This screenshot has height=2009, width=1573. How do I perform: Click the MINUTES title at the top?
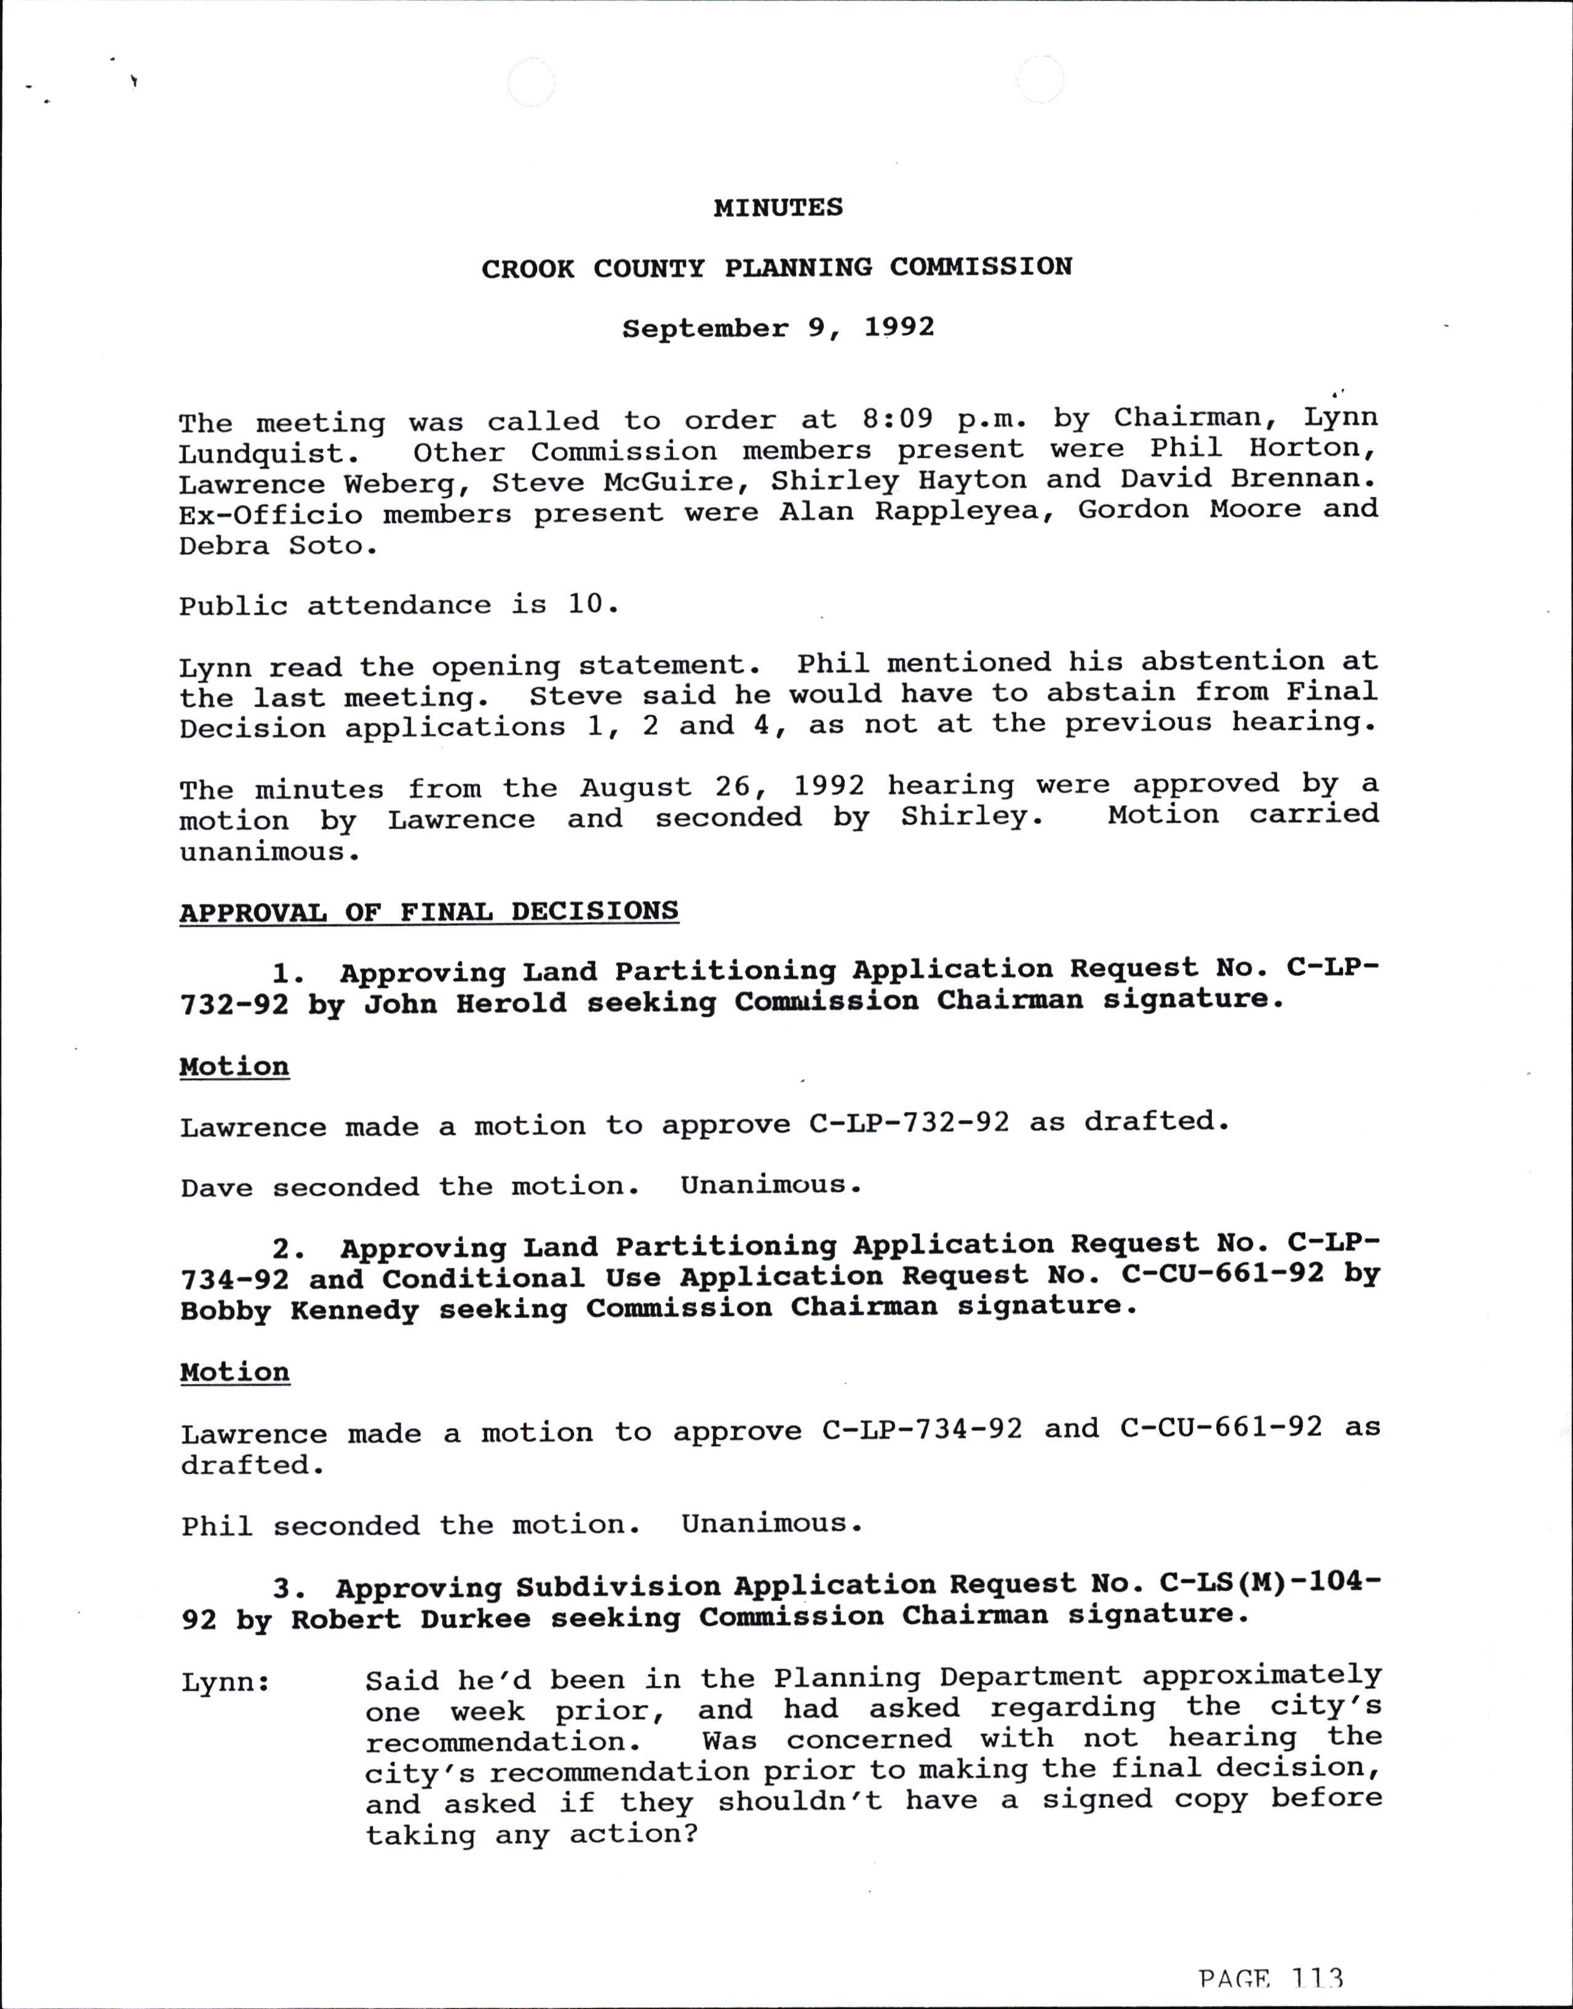778,207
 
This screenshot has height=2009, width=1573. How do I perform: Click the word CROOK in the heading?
528,269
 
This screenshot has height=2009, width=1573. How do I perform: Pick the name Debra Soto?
277,546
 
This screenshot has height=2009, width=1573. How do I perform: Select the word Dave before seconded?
217,1188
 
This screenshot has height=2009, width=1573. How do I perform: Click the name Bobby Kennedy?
300,1310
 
